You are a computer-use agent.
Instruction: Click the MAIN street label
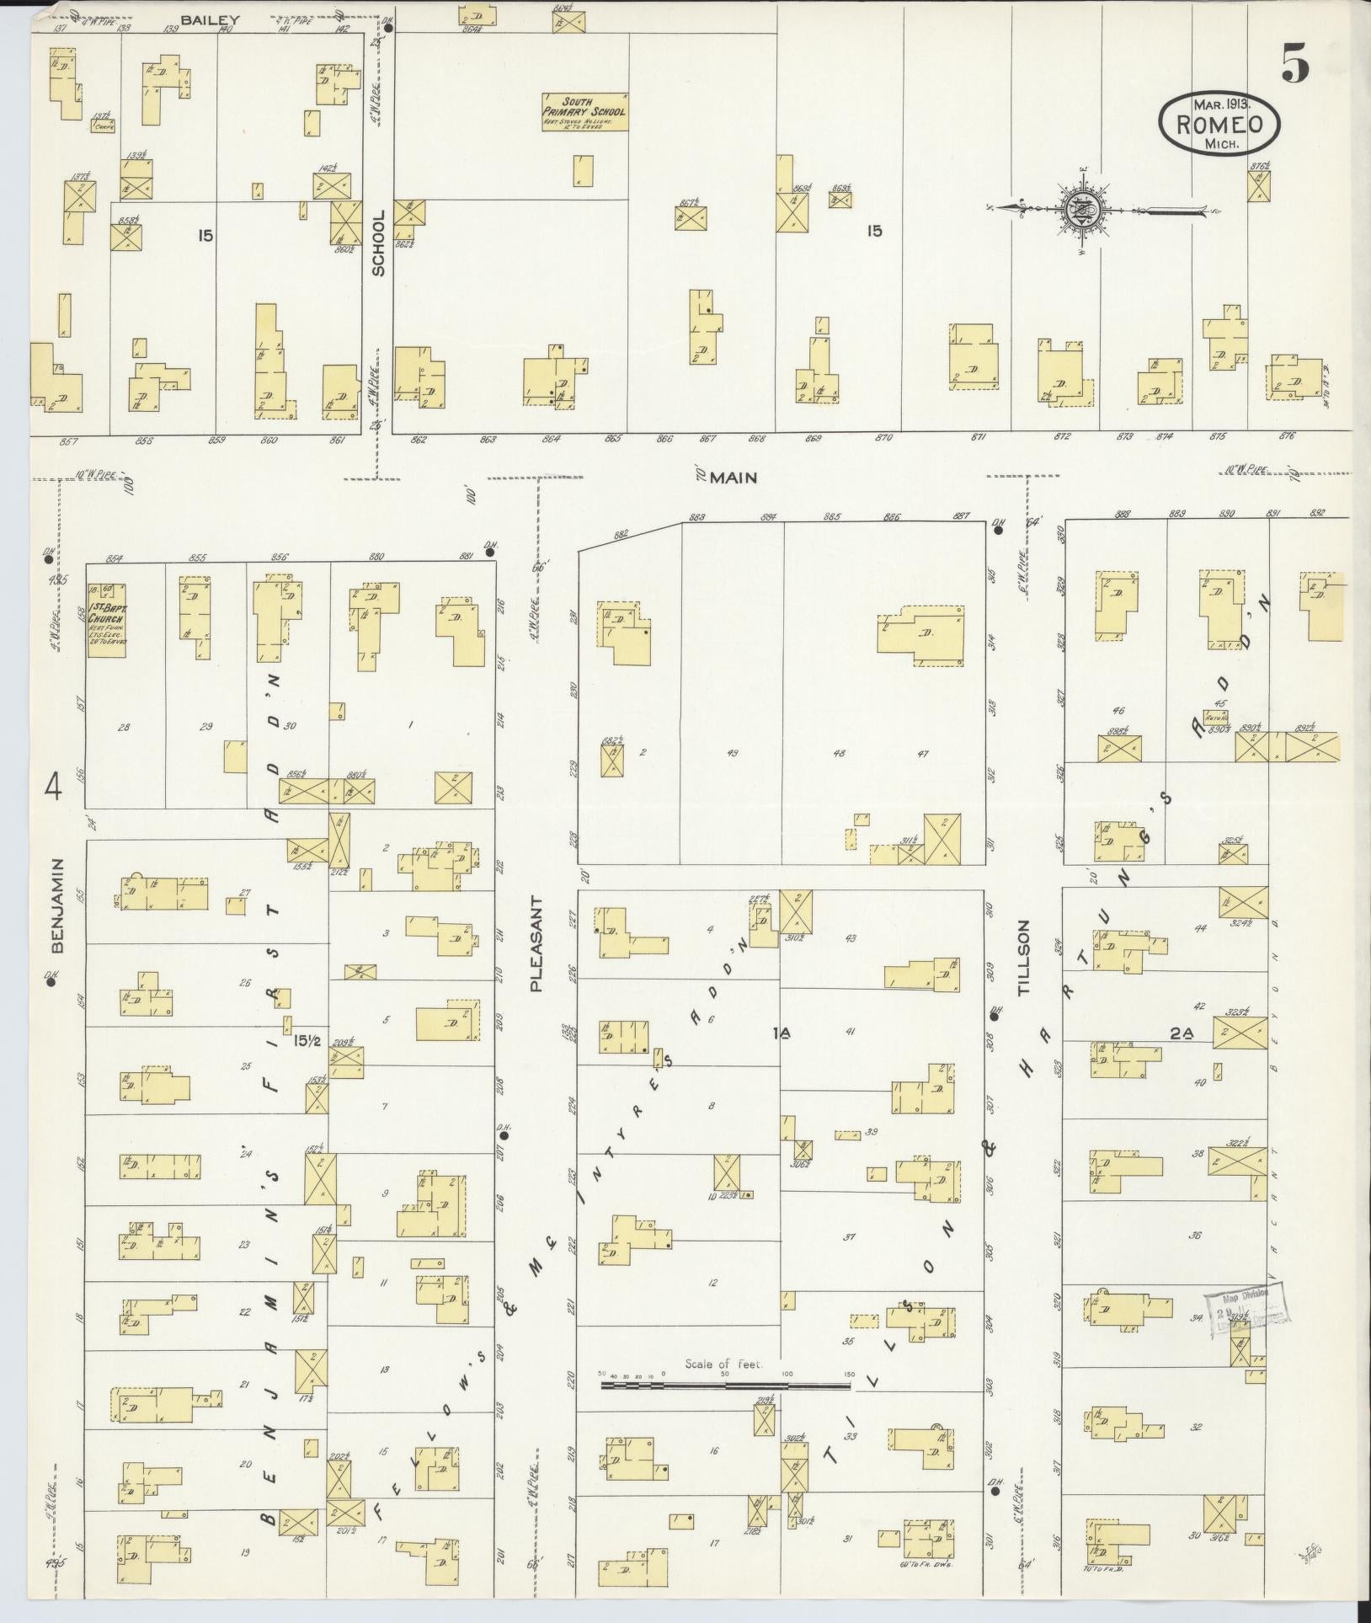pos(733,478)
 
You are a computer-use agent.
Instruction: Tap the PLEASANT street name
pos(536,943)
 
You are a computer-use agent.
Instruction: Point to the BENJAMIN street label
pos(57,906)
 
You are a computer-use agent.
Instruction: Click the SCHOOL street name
pos(378,243)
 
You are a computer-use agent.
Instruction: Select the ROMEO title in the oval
pos(1219,125)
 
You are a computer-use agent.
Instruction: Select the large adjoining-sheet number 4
pos(55,789)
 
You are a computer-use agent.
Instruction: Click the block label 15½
pos(307,1041)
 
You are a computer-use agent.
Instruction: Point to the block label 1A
pos(780,1033)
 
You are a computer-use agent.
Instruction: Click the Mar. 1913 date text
pos(1220,104)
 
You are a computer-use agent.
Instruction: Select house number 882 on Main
pos(622,534)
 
